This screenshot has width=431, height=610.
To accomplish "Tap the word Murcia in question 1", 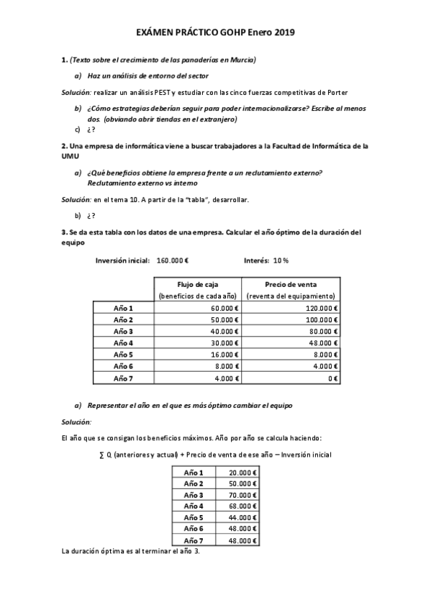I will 242,59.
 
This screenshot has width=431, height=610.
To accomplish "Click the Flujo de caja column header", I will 197,284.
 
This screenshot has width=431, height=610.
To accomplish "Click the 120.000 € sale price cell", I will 321,308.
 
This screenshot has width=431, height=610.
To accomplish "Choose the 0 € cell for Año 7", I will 333,378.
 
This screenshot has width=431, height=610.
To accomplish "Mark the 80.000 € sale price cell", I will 323,332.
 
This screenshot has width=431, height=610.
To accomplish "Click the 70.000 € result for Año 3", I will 242,495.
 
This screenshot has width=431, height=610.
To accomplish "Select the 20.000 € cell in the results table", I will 242,473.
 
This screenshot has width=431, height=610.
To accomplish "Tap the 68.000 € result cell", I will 242,506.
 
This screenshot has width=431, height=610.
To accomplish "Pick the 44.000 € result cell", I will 242,517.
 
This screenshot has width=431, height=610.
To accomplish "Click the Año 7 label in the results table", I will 194,540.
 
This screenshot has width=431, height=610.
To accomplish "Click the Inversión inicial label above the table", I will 122,259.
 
